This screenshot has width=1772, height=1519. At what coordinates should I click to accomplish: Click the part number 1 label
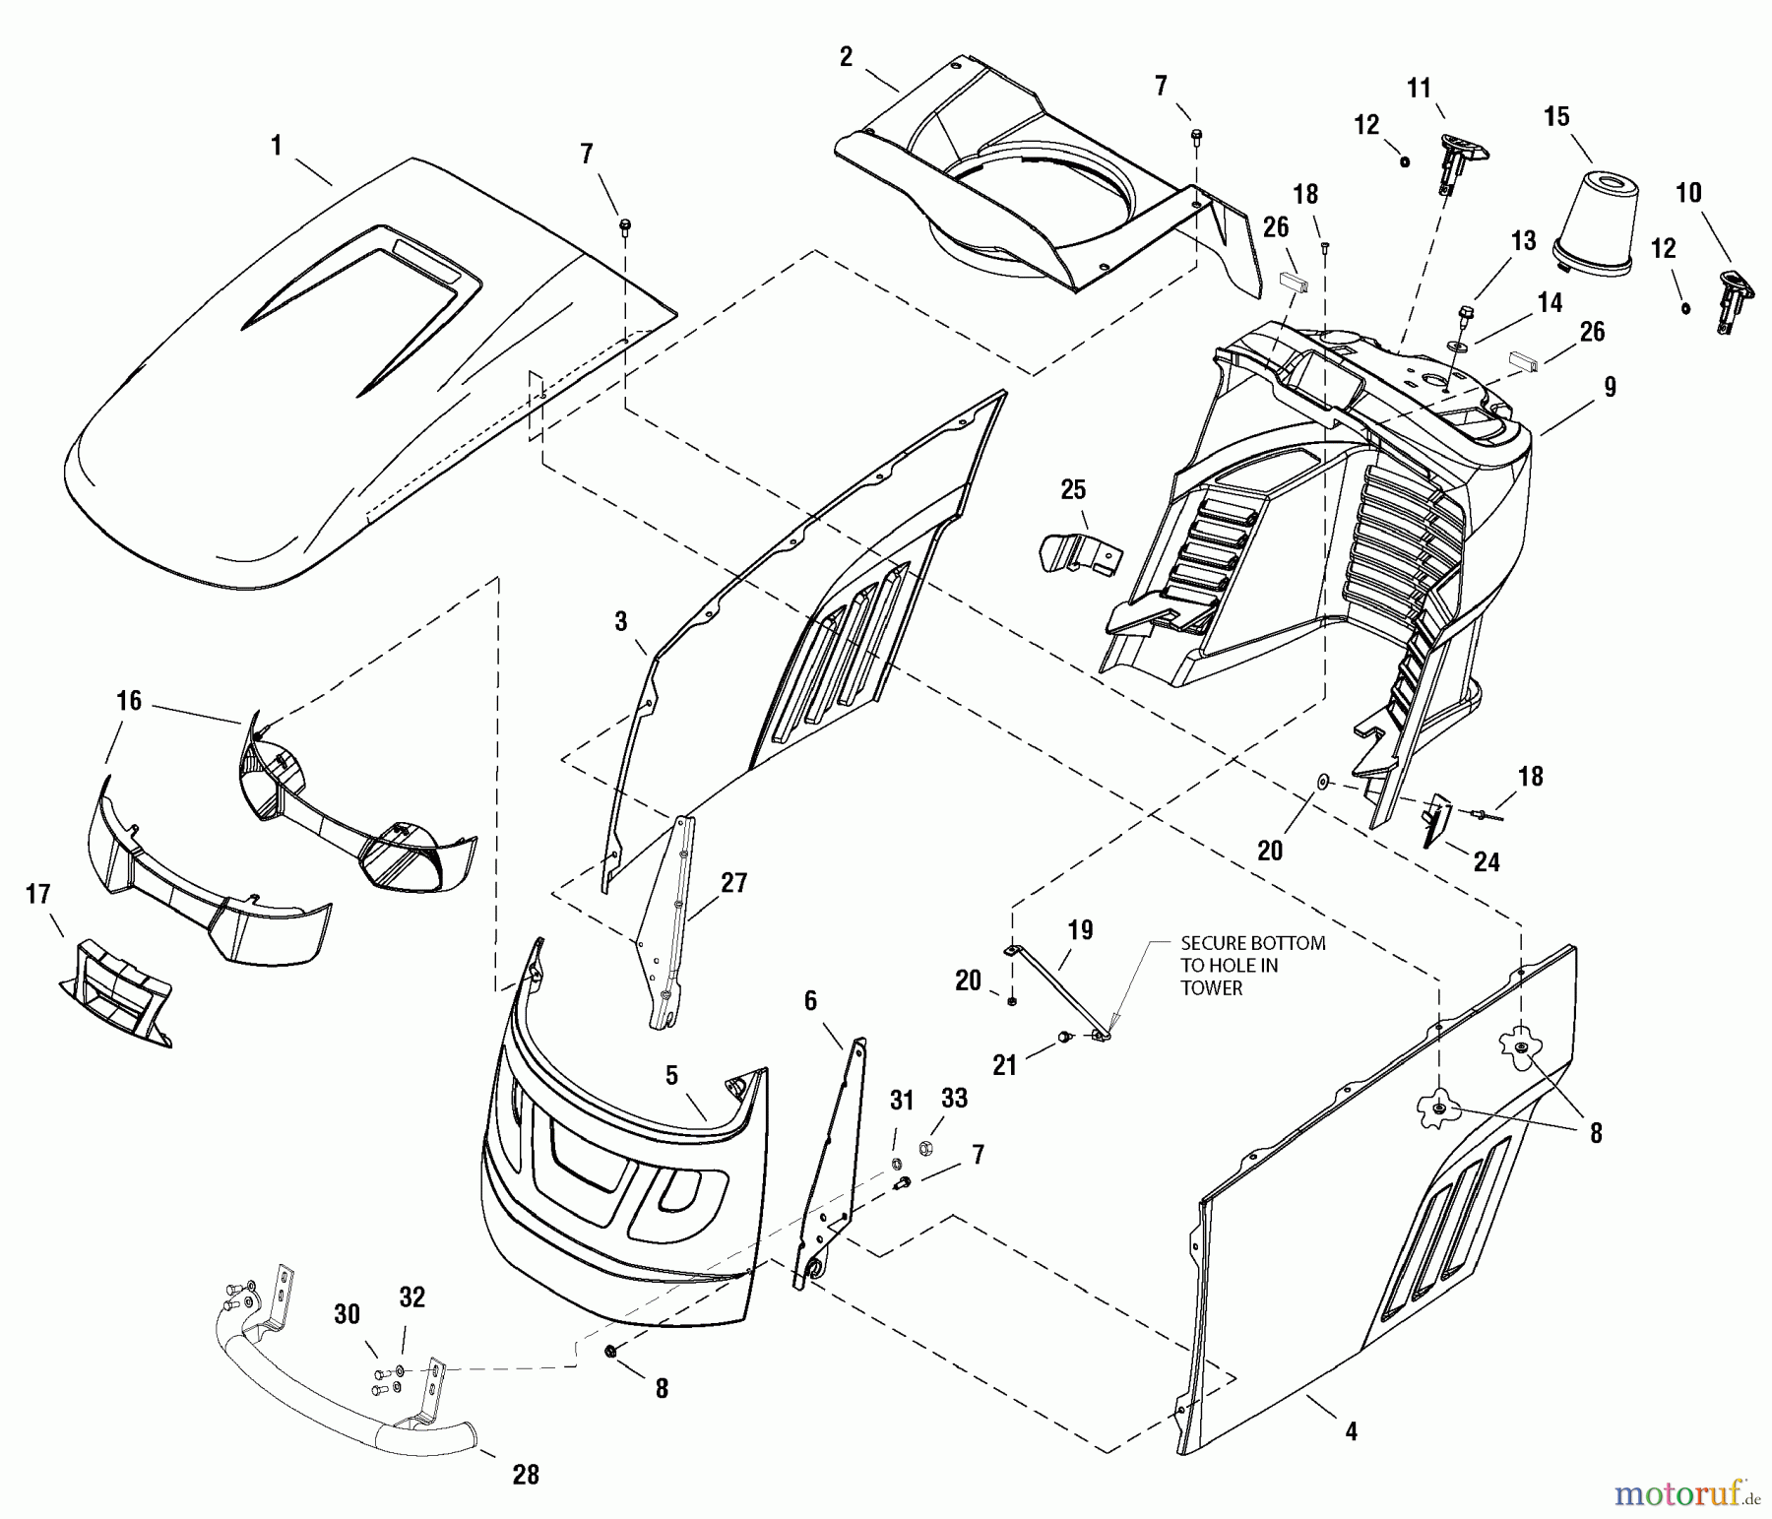pyautogui.click(x=277, y=146)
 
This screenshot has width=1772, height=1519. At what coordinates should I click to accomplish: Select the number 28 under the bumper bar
pyautogui.click(x=527, y=1474)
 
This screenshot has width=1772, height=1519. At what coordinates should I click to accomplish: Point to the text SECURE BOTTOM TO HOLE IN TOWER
pyautogui.click(x=1252, y=965)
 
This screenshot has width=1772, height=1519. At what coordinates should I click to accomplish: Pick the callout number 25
pyautogui.click(x=1073, y=489)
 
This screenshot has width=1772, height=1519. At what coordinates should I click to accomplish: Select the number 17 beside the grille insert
pyautogui.click(x=38, y=895)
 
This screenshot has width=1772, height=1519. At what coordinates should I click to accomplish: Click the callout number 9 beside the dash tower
pyautogui.click(x=1610, y=387)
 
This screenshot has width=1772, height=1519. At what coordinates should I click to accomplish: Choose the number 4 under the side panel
pyautogui.click(x=1351, y=1431)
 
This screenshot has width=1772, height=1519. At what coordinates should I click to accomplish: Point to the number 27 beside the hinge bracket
pyautogui.click(x=734, y=883)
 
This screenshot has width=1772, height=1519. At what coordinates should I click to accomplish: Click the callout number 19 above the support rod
pyautogui.click(x=1080, y=930)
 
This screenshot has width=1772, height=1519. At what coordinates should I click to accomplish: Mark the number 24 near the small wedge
pyautogui.click(x=1486, y=862)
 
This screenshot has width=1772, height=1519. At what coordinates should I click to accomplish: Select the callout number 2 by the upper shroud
pyautogui.click(x=846, y=57)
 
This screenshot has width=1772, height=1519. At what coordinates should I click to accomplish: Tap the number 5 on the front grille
pyautogui.click(x=671, y=1075)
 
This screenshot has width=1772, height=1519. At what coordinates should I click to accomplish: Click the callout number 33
pyautogui.click(x=954, y=1098)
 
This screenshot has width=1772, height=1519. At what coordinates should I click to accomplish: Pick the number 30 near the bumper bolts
pyautogui.click(x=347, y=1314)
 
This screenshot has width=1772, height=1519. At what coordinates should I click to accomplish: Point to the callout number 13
pyautogui.click(x=1523, y=241)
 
